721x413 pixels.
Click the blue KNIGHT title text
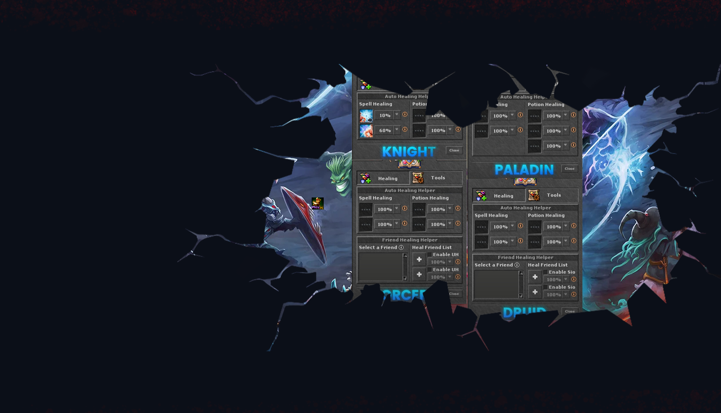click(409, 151)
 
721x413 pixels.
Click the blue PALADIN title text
click(524, 169)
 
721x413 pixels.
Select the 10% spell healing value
click(385, 115)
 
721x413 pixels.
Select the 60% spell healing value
click(385, 131)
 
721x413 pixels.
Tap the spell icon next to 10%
click(366, 116)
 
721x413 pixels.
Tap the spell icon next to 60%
click(366, 131)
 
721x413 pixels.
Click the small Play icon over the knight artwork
click(317, 203)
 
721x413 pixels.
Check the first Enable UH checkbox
click(430, 255)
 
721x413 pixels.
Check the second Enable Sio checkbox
click(546, 287)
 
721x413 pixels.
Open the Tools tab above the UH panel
click(436, 178)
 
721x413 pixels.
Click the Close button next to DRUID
click(570, 311)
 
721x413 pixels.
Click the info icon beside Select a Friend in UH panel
click(401, 247)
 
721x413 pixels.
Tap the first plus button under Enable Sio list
click(535, 277)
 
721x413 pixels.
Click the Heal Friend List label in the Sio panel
click(548, 265)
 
